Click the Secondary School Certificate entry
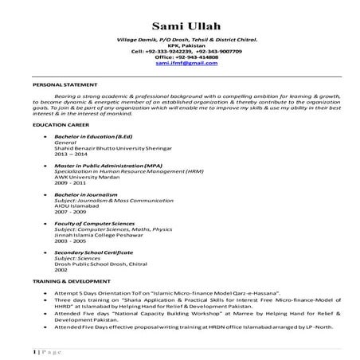pos(93,252)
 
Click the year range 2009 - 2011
pos(69,184)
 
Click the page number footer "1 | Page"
pos(48,350)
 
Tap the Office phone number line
pos(186,57)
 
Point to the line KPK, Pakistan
pos(186,45)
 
